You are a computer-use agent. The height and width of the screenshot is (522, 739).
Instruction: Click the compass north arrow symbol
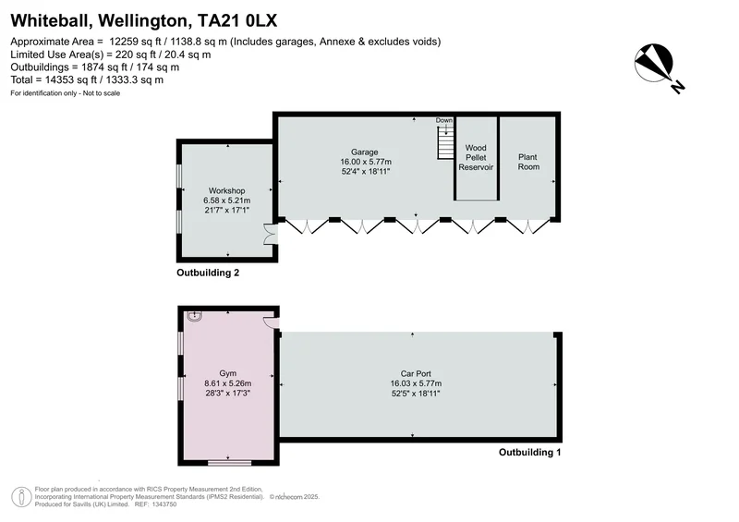(x=654, y=63)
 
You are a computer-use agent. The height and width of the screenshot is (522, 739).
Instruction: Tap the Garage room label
(x=364, y=152)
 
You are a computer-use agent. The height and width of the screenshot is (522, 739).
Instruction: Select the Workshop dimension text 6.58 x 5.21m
(x=227, y=200)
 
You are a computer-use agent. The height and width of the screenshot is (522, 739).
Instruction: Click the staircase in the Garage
(x=445, y=143)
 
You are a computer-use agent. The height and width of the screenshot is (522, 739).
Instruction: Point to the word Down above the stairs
(x=444, y=120)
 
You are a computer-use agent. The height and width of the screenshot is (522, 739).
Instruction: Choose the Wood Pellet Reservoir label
(x=476, y=157)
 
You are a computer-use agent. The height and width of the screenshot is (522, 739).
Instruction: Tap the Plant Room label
(x=528, y=162)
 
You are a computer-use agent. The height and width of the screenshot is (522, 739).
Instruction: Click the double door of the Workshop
(x=271, y=234)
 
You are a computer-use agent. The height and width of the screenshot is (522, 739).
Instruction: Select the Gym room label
(x=227, y=373)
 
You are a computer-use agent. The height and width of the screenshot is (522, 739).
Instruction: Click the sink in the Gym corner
(x=194, y=316)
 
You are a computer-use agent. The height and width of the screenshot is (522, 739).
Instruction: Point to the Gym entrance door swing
(x=272, y=322)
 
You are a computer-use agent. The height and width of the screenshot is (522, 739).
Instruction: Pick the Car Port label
(x=416, y=373)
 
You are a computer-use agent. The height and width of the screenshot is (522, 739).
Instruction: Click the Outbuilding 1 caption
(x=529, y=452)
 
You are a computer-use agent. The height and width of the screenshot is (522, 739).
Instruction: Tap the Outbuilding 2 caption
(x=208, y=273)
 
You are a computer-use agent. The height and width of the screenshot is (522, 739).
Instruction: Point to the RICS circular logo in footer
(x=21, y=497)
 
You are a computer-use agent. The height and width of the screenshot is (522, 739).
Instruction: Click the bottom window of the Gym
(x=229, y=463)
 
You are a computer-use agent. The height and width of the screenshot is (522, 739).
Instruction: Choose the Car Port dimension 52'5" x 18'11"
(x=416, y=394)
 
